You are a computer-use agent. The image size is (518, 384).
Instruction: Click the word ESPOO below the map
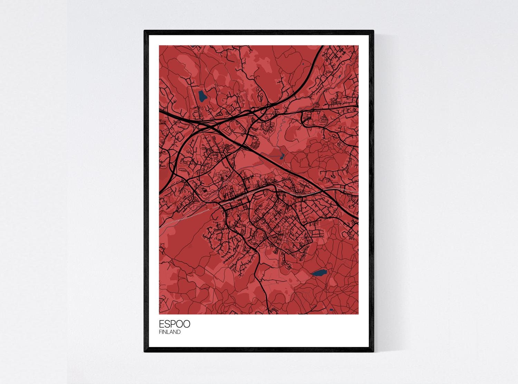click(174, 325)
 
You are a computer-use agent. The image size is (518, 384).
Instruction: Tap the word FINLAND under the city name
click(170, 332)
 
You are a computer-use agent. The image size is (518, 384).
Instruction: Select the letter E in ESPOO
click(161, 325)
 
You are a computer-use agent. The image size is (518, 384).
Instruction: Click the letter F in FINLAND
click(160, 332)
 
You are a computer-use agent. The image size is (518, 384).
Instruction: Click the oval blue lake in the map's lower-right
click(319, 273)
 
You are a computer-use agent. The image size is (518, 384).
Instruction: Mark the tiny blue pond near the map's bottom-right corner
click(331, 310)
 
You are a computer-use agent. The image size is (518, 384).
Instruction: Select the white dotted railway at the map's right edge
click(356, 191)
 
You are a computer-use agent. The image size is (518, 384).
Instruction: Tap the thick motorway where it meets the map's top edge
click(322, 46)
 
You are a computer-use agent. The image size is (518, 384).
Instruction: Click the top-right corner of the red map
click(358, 46)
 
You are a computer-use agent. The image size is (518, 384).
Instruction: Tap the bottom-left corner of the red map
click(159, 314)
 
